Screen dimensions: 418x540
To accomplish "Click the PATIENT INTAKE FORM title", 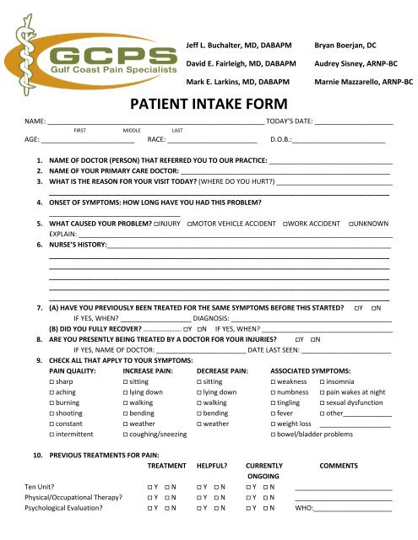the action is pyautogui.click(x=209, y=107).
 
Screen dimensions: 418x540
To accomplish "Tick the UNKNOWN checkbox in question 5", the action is pyautogui.click(x=350, y=224).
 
